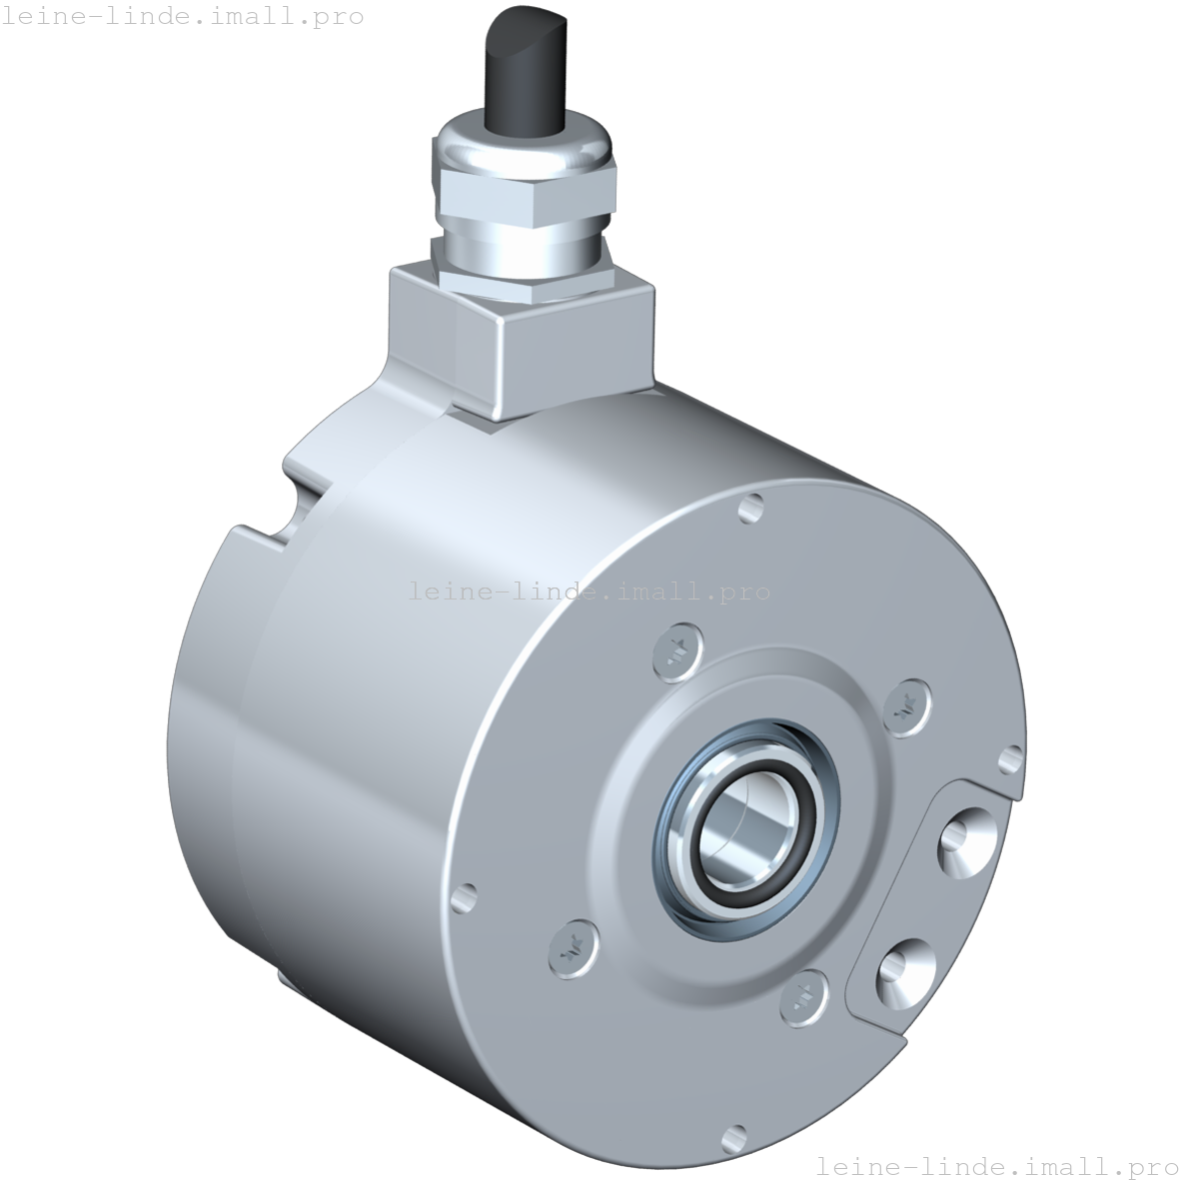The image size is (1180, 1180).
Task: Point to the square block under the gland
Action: (530, 340)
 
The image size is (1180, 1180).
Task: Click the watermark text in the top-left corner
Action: (183, 16)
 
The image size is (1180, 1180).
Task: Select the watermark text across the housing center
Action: (590, 591)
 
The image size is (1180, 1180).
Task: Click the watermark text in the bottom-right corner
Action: (997, 1166)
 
